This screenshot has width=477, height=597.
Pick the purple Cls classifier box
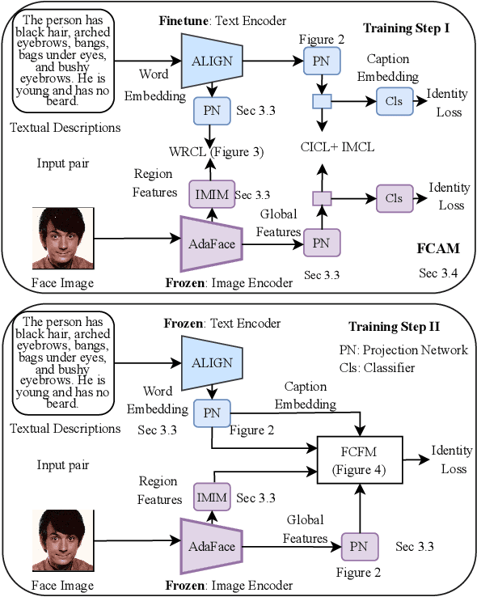point(394,198)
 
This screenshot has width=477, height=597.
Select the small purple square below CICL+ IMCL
point(322,198)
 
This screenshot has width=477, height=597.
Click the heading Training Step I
point(406,28)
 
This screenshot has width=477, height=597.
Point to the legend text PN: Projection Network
point(403,349)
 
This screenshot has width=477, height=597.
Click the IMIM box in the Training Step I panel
point(212,194)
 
